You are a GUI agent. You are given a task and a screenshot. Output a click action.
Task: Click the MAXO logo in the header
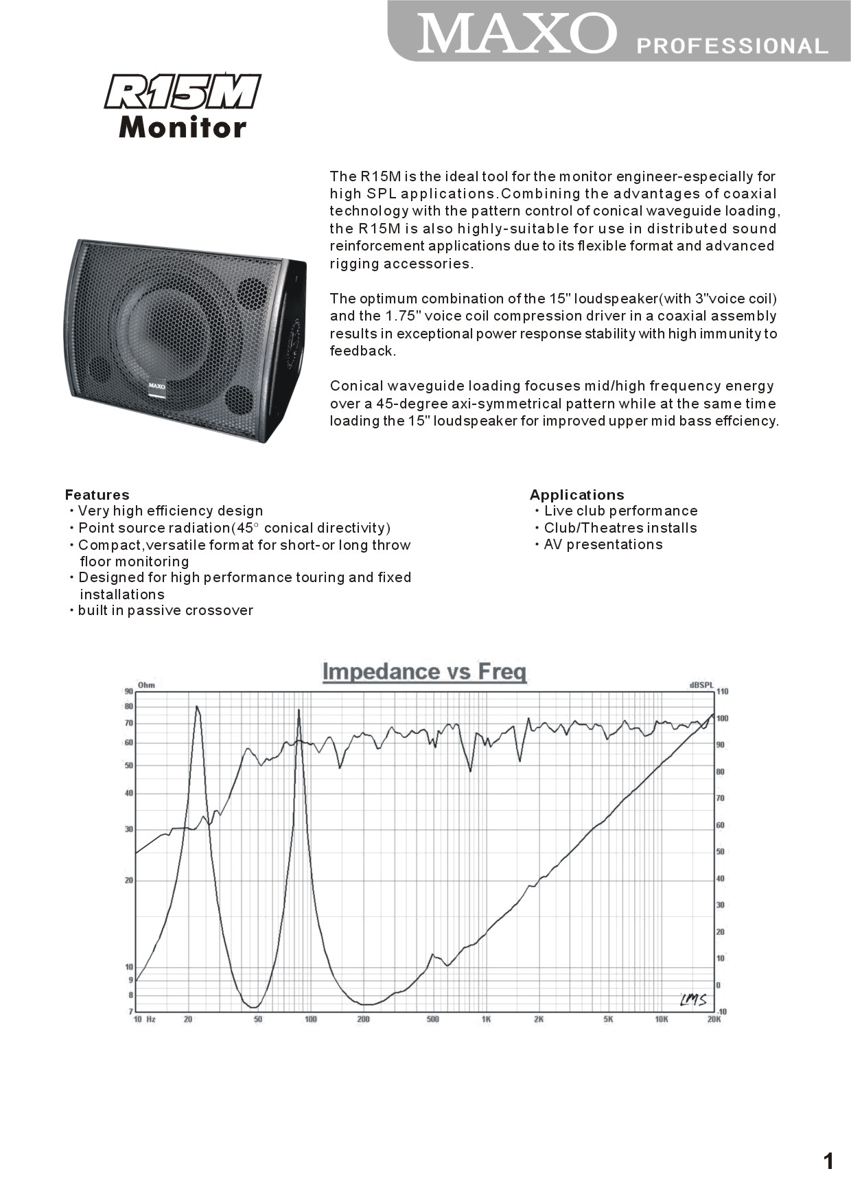pos(516,33)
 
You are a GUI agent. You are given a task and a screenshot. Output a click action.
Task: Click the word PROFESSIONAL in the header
pos(732,46)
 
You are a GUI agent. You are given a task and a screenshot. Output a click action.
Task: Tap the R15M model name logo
pos(183,92)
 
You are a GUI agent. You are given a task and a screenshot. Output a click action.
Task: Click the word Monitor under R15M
pos(183,128)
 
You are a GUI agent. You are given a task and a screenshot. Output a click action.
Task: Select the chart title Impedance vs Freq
pos(424,671)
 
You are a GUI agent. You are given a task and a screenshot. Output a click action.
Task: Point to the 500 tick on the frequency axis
pos(432,1019)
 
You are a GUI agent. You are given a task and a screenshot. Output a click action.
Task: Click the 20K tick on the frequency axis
pos(714,1019)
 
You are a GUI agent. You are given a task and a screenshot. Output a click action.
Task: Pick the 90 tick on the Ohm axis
pos(128,692)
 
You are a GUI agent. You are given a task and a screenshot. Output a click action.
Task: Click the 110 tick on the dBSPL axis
pos(723,692)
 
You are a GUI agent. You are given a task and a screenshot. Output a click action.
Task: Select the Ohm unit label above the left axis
pos(146,684)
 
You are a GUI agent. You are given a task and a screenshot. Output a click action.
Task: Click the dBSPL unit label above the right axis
pos(701,684)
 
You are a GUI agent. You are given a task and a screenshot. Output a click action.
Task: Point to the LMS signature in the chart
pos(693,999)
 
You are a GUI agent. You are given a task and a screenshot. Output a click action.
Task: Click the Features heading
pos(97,495)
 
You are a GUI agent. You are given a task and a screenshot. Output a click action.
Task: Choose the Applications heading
pos(576,495)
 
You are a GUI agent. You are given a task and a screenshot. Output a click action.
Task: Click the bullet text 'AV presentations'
pos(603,544)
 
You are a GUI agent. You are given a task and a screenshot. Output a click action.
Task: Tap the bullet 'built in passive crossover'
pos(165,610)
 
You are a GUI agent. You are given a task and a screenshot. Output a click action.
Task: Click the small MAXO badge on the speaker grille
pos(157,386)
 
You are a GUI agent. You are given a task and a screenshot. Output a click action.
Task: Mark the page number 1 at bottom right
pos(828,1161)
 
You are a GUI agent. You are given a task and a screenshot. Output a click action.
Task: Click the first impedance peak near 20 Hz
pos(197,707)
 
